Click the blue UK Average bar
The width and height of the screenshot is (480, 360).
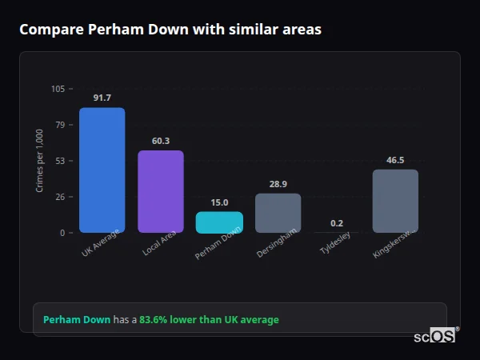[x=102, y=170]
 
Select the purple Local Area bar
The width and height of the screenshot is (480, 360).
[x=160, y=192]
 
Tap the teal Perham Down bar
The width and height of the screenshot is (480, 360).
[x=219, y=222]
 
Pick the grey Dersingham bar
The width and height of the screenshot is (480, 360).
[x=278, y=213]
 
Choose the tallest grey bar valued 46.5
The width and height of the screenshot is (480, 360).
[x=395, y=201]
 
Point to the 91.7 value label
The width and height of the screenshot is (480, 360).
[x=102, y=98]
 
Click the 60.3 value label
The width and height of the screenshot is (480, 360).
[x=160, y=141]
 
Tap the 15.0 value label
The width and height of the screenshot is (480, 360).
[x=219, y=202]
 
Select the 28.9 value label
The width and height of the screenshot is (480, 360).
[x=278, y=184]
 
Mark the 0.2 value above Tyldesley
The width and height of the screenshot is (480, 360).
[x=337, y=223]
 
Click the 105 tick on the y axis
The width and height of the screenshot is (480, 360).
[x=58, y=89]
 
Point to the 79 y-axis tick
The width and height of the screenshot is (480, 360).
[x=60, y=125]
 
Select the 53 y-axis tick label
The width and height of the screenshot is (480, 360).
[x=60, y=161]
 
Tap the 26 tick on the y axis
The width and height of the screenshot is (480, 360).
[x=60, y=197]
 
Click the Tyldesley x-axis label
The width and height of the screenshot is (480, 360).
[x=335, y=249]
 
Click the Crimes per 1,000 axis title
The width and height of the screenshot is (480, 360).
[x=40, y=161]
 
